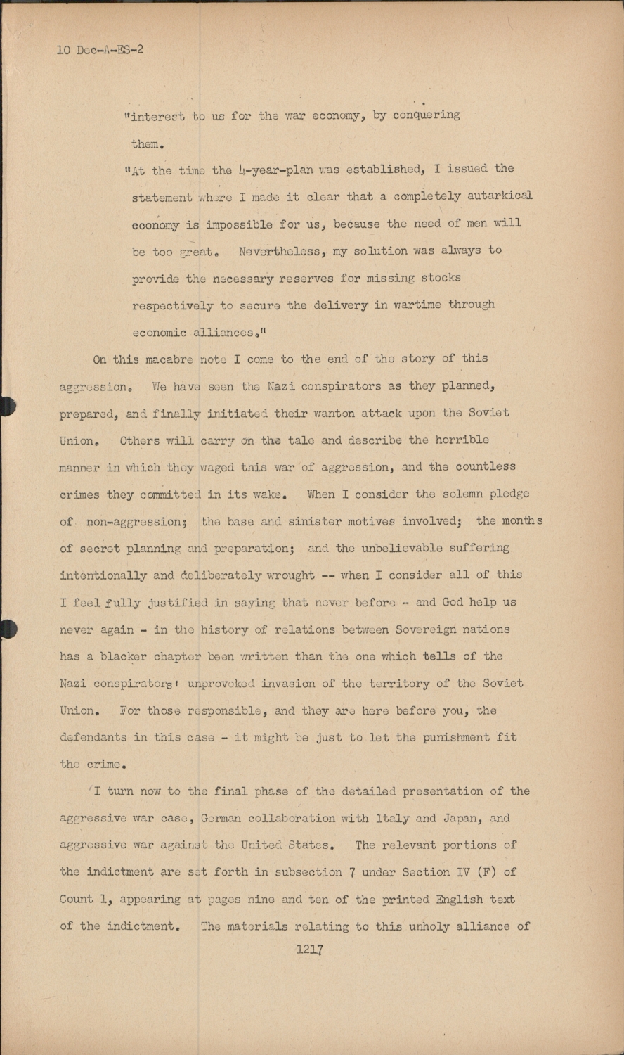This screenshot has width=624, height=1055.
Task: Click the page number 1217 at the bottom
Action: click(309, 949)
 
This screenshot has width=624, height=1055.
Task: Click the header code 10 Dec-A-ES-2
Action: click(100, 50)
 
